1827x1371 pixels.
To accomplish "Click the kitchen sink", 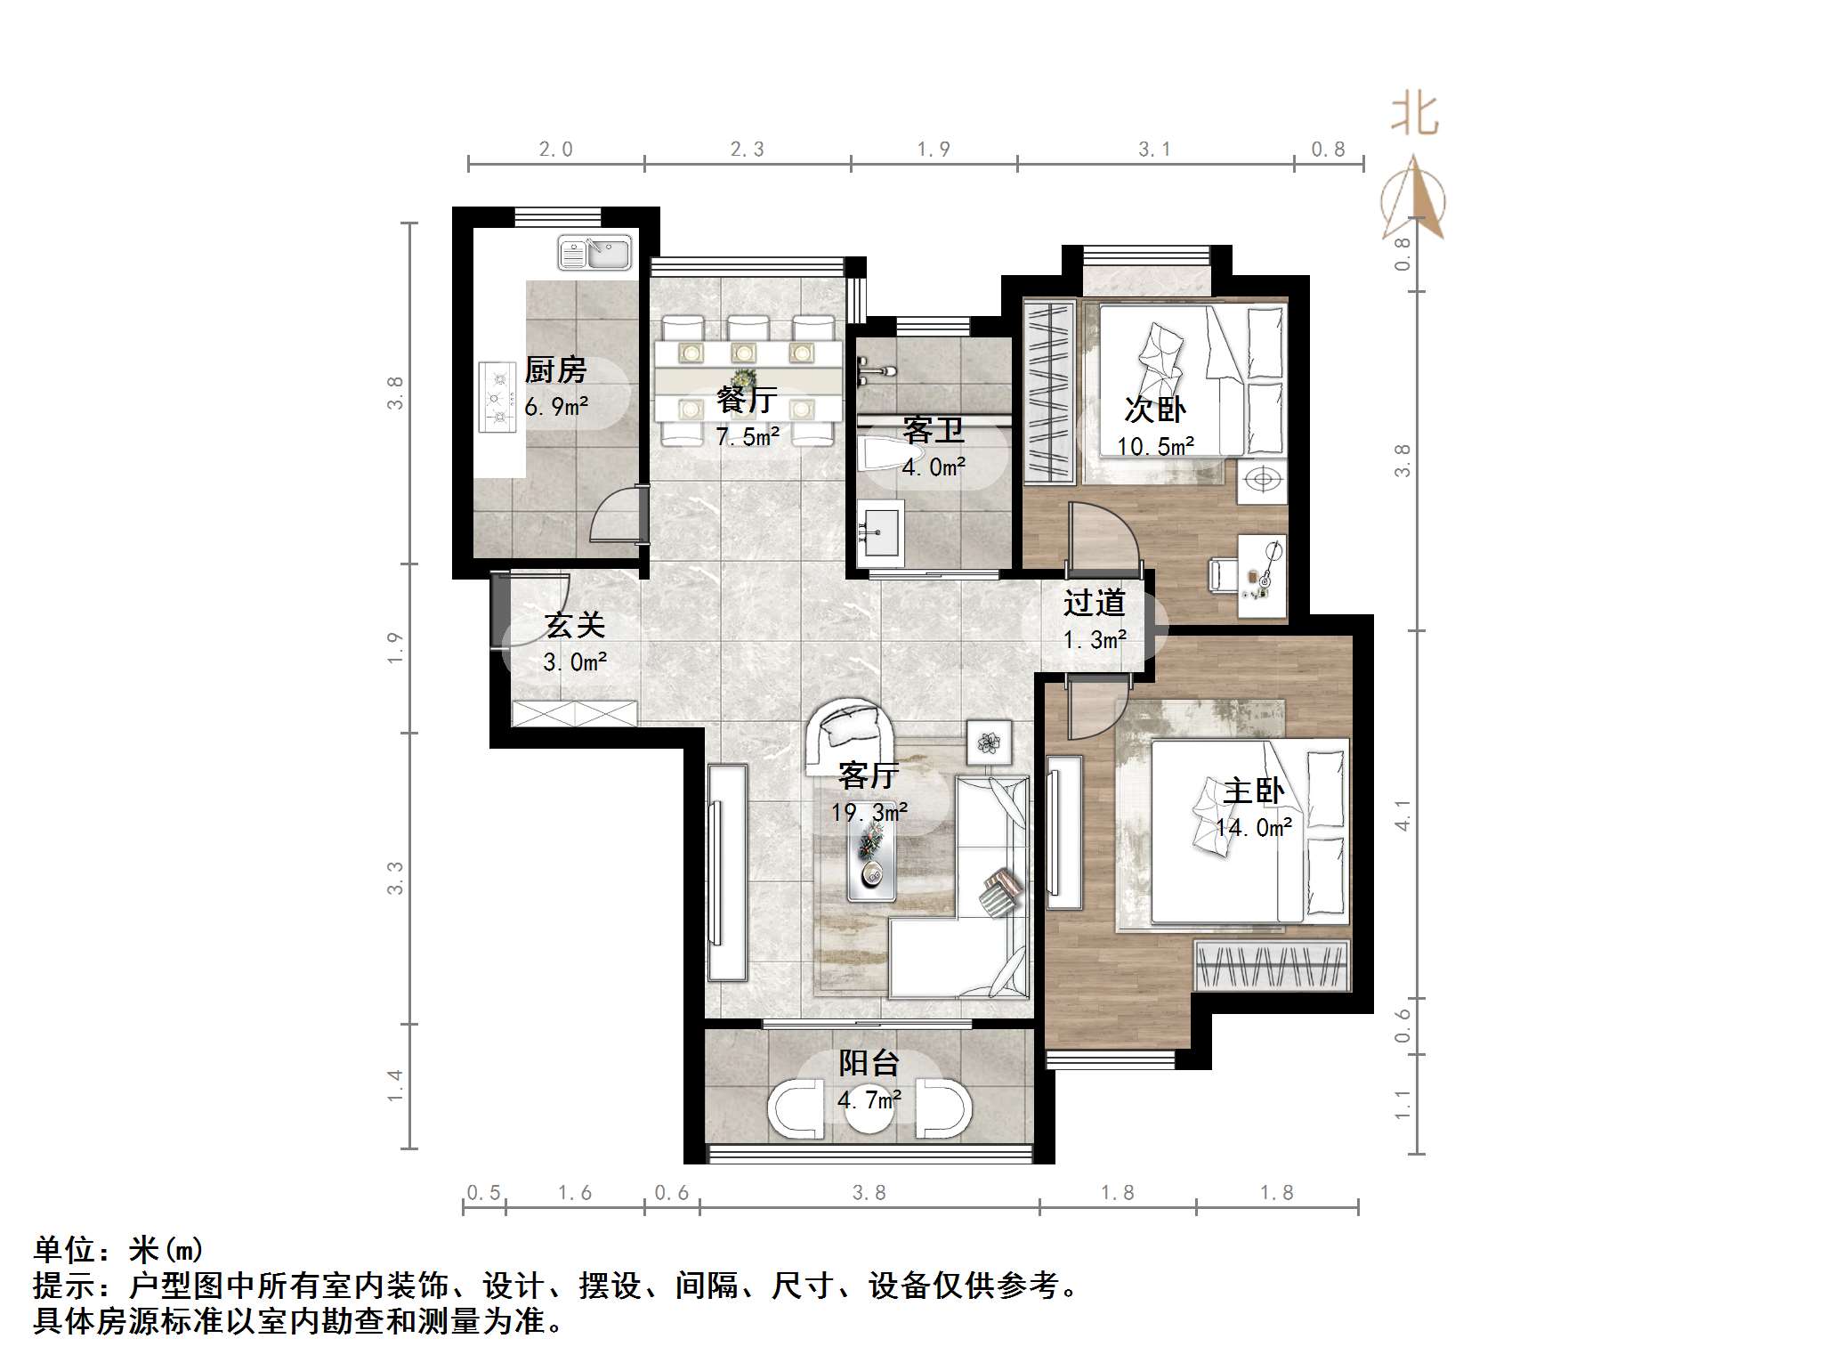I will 594,254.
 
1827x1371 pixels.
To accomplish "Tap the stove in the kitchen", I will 497,397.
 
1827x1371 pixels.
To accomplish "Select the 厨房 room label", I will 556,369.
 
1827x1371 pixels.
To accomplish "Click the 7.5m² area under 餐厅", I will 748,436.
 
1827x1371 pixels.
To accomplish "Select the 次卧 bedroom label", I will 1154,409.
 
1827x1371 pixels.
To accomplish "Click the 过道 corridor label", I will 1094,603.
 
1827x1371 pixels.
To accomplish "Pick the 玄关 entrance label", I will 575,625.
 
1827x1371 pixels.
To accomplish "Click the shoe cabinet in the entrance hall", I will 575,713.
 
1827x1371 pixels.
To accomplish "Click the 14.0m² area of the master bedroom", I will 1254,828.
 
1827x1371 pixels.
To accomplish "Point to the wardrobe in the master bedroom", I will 1271,965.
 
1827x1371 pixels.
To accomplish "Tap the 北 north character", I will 1414,115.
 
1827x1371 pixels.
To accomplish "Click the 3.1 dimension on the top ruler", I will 1154,150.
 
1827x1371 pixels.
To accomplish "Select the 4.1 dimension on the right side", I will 1403,815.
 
